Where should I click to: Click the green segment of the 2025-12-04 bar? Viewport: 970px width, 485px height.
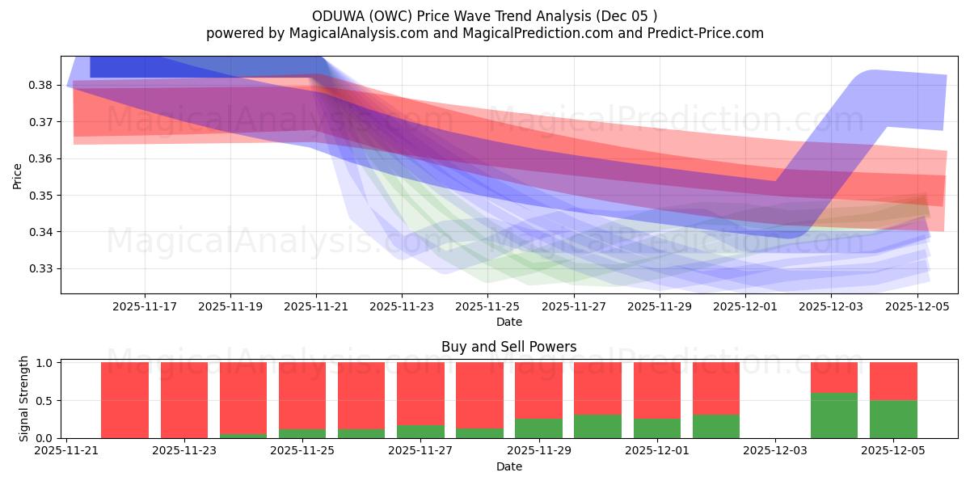pos(834,415)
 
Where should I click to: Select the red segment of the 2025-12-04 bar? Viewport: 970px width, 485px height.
pos(834,377)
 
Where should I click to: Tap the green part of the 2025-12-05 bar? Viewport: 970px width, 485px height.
pos(893,419)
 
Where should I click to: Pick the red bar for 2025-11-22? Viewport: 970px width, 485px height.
pos(124,400)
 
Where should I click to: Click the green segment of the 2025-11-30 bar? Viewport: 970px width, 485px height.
pos(597,426)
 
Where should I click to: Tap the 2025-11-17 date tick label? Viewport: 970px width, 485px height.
pos(145,306)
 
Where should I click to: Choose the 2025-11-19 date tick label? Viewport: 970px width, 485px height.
pos(230,306)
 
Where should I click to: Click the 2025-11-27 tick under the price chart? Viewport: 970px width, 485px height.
pos(574,306)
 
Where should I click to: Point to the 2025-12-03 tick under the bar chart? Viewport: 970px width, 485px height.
pos(775,451)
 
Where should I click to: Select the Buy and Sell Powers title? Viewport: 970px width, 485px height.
pos(508,347)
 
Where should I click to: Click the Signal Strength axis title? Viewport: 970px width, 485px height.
pos(24,399)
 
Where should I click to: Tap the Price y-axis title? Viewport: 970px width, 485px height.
pos(18,175)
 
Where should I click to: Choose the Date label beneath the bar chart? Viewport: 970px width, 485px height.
pos(508,466)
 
